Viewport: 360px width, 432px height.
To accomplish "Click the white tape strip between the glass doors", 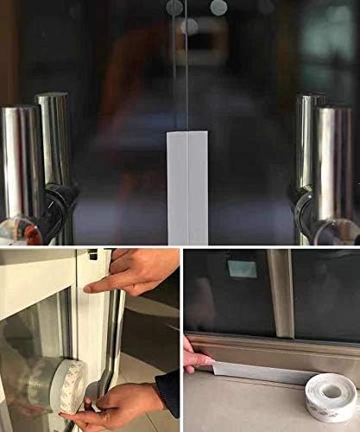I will pos(187,187).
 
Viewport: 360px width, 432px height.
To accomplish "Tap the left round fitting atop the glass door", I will pos(174,8).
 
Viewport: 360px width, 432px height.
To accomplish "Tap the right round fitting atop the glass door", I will pos(218,8).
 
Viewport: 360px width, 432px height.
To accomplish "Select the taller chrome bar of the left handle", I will pos(54,138).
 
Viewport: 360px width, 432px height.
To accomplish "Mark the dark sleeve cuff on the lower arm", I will pos(169,391).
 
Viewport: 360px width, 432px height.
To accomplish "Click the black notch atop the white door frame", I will pos(92,255).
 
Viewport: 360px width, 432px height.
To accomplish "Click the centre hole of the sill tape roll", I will pos(332,391).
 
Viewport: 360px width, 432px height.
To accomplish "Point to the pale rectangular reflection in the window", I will pos(243,269).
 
